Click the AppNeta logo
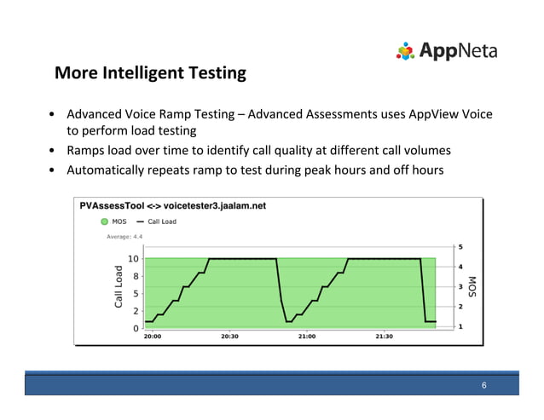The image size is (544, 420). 446,51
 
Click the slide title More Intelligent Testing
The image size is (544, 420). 150,74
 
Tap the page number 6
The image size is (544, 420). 483,386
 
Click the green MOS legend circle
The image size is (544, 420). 105,222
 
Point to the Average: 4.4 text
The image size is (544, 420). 124,236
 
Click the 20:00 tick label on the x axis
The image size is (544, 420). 152,337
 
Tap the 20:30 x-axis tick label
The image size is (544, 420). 229,337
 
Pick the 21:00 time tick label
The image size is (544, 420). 307,337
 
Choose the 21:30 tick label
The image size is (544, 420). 385,337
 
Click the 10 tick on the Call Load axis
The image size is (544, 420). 134,259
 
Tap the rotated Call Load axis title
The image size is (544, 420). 119,285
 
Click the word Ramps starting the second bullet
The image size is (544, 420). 86,151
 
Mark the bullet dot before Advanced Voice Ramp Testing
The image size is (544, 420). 54,114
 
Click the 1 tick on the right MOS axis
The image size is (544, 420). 460,326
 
